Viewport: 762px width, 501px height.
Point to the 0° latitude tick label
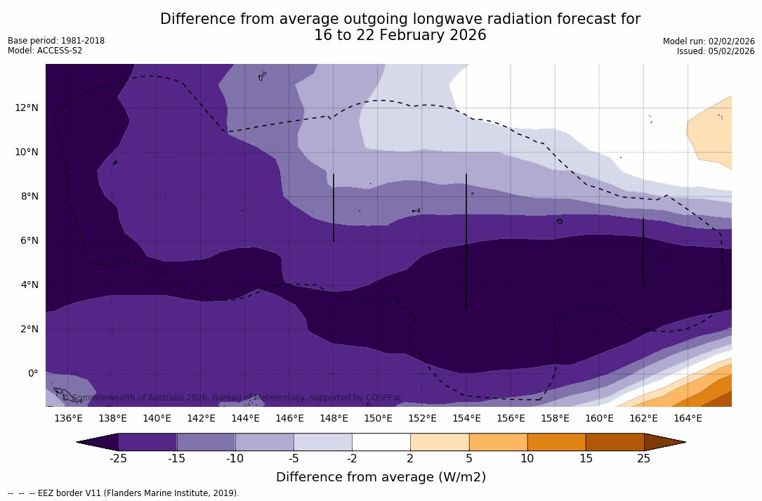pos(32,373)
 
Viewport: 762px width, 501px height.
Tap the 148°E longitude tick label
pos(334,418)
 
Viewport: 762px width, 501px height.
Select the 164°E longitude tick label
pos(688,418)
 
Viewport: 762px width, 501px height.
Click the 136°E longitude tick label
pos(68,418)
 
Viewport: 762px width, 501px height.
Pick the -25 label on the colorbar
pos(118,459)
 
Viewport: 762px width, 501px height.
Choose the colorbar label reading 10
pos(527,459)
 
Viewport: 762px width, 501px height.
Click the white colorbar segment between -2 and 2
pos(381,442)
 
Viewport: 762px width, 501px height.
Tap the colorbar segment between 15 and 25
pos(615,442)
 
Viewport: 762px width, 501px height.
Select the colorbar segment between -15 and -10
pos(206,442)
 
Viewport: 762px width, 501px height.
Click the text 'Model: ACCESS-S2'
pos(45,51)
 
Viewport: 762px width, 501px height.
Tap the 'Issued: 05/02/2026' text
pos(716,51)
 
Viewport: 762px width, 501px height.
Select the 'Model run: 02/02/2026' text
pos(709,41)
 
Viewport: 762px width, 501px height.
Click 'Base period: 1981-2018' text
pos(56,41)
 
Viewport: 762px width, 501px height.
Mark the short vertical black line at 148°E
pos(334,207)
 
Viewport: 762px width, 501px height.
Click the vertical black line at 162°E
pos(643,252)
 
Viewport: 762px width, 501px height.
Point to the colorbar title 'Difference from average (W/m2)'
pos(381,477)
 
